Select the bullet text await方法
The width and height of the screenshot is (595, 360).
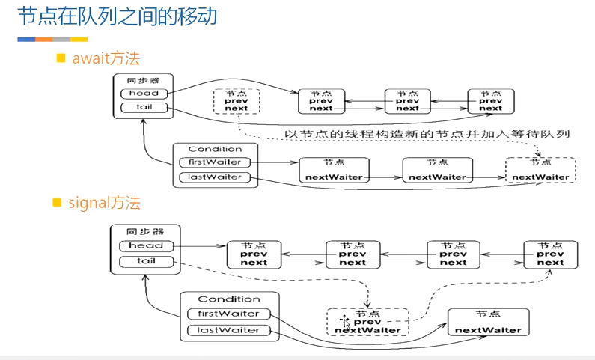click(x=106, y=58)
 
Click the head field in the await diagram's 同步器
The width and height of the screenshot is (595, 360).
click(x=144, y=94)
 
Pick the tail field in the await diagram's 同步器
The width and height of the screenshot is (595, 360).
click(x=144, y=108)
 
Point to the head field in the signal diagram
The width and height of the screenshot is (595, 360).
click(x=146, y=246)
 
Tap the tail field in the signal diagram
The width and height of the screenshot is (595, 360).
click(x=146, y=261)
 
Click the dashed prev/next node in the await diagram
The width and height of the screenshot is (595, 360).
click(x=236, y=101)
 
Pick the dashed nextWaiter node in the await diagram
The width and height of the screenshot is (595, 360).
click(x=540, y=170)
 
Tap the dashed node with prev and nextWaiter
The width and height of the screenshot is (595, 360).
click(x=367, y=322)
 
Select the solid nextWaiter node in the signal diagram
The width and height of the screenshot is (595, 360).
click(x=488, y=322)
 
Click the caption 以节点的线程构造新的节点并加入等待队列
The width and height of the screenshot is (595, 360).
click(x=428, y=135)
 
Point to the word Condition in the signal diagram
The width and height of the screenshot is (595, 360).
click(x=229, y=299)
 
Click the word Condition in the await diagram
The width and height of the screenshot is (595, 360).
click(x=215, y=149)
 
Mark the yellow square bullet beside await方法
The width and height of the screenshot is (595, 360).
click(x=62, y=58)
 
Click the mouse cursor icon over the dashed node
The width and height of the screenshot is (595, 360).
click(x=344, y=323)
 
